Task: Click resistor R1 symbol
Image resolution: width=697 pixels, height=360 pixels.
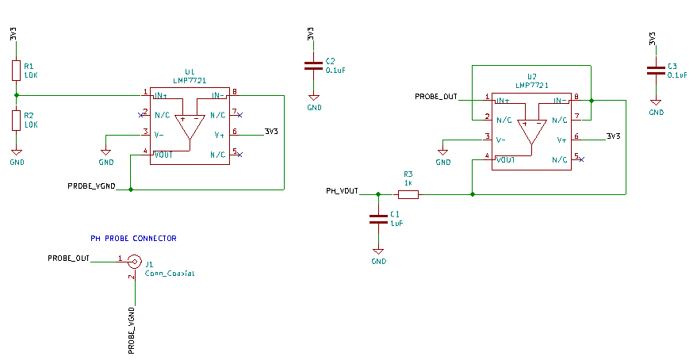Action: [16, 70]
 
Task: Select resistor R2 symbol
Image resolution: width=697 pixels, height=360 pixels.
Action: [16, 120]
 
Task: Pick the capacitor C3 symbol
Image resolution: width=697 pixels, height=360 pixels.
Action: [655, 70]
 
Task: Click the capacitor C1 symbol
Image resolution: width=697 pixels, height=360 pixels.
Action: [378, 219]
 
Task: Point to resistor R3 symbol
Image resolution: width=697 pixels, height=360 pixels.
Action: [408, 193]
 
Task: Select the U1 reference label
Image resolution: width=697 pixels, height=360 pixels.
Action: [189, 72]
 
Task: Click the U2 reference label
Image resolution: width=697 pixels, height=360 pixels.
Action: [532, 77]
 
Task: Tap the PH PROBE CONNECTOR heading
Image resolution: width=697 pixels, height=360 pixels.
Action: [133, 238]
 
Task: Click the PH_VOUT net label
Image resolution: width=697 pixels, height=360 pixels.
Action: [342, 191]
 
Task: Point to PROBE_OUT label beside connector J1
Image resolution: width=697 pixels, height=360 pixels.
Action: [68, 259]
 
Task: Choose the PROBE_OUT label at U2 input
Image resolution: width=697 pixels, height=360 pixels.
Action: [436, 97]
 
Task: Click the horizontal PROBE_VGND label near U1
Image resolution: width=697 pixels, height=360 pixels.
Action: [92, 187]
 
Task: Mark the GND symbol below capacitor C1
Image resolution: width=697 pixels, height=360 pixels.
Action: [378, 255]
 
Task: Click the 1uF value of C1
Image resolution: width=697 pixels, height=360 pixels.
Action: [397, 224]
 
